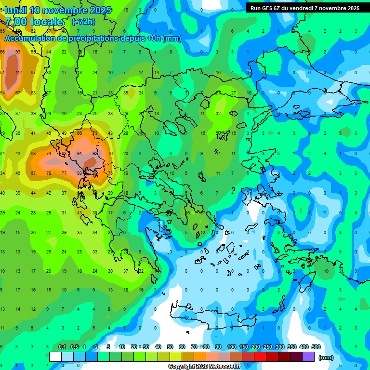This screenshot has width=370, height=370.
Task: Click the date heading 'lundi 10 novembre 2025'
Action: pos(58,10)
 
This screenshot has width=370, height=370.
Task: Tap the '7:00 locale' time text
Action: pos(34,22)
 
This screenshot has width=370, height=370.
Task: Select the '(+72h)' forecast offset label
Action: pos(83,22)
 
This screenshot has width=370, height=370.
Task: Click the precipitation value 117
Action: pos(19,73)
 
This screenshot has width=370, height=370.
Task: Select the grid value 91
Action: pos(80,154)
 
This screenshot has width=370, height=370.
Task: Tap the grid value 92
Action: pos(95,154)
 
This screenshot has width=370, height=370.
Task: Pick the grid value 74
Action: pos(49,154)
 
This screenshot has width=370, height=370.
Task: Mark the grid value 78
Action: pos(49,173)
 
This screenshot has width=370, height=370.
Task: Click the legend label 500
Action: pos(316,347)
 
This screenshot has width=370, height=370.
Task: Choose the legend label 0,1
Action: pos(62,347)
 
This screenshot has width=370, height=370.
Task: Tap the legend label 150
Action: pos(244,347)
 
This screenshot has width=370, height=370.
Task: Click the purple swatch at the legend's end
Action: pos(308,357)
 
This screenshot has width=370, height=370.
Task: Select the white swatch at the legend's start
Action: pos(55,357)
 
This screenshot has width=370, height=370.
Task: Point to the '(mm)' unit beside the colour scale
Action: pos(326,357)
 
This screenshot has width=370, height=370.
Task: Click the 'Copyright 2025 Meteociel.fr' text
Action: pos(208,367)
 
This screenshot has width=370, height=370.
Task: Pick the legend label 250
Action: pos(268,347)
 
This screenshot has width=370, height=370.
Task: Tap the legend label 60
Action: pos(182,347)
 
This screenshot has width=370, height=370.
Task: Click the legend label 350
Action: pos(292,347)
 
